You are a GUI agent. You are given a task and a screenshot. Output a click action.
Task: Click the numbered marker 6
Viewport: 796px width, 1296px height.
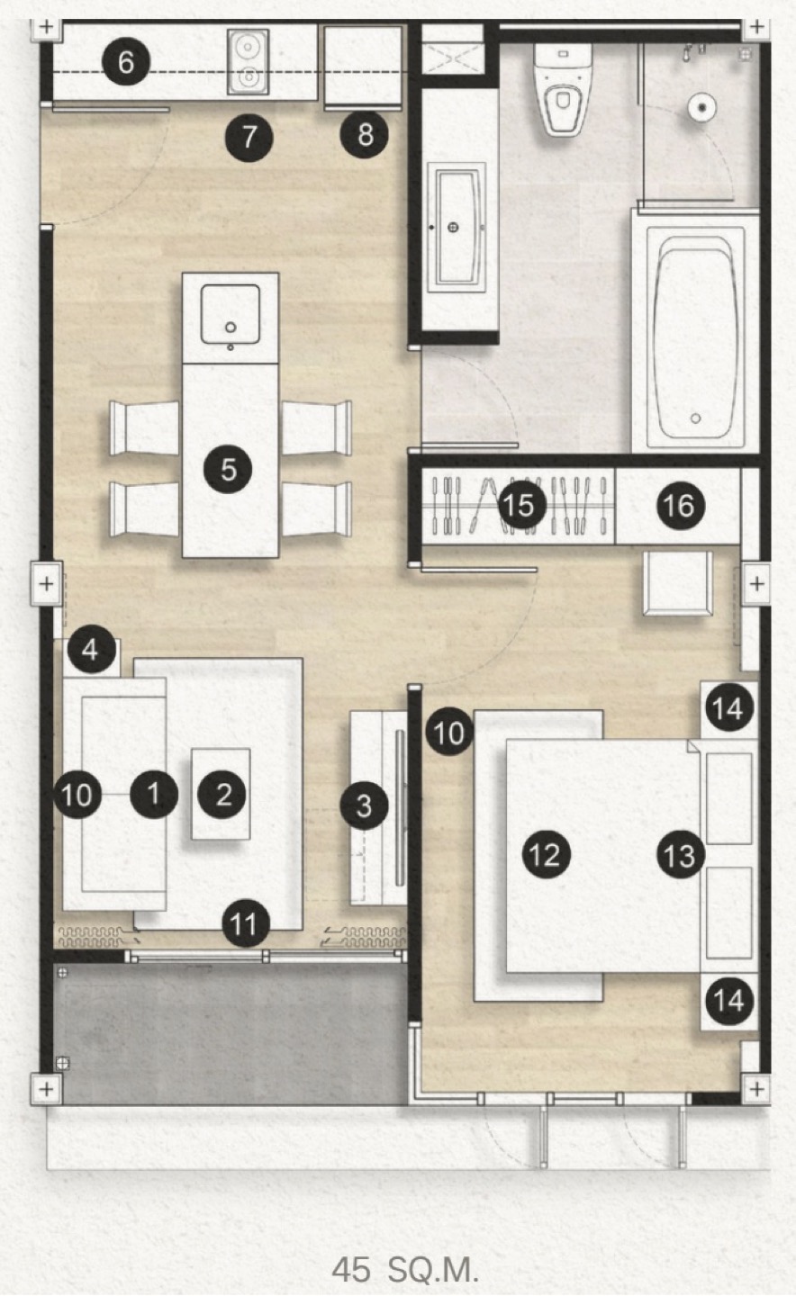(126, 62)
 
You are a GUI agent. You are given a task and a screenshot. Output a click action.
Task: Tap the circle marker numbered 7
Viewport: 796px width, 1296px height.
(249, 137)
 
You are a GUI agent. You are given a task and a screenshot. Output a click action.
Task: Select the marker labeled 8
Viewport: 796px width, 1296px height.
(364, 135)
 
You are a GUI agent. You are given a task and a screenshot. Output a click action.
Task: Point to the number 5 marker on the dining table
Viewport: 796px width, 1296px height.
(228, 469)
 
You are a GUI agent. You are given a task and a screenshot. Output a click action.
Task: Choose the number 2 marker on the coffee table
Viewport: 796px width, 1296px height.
(222, 794)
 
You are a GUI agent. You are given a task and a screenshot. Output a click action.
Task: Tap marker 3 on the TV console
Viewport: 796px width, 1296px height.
(364, 805)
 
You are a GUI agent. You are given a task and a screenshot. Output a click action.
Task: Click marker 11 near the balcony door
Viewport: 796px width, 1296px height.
(246, 924)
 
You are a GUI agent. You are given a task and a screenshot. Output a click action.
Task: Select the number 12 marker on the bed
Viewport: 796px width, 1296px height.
(546, 854)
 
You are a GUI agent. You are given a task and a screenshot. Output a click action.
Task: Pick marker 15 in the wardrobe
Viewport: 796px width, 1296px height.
(521, 505)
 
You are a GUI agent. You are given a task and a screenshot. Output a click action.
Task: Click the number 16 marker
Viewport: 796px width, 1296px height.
(680, 506)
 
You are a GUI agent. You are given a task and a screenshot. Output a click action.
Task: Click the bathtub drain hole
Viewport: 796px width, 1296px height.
(696, 418)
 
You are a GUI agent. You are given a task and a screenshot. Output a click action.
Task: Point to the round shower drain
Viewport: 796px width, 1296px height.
(702, 107)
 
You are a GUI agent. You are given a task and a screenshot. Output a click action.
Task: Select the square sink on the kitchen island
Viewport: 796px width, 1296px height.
(231, 315)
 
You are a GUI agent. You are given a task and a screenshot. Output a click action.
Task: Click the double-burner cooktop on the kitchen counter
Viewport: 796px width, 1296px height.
(249, 61)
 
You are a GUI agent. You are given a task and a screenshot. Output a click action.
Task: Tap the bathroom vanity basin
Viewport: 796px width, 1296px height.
(454, 228)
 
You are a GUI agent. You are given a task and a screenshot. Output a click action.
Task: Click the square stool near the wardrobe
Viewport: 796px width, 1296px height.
(678, 583)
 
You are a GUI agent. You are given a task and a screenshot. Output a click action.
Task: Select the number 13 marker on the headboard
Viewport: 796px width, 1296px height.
(681, 855)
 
